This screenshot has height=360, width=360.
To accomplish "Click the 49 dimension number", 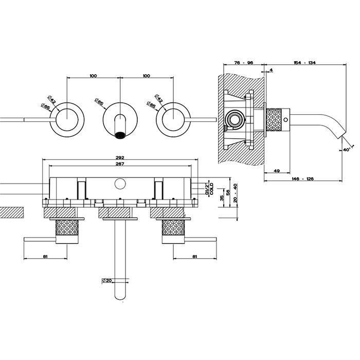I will pos(276,171).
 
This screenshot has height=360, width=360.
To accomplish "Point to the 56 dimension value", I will pos(228,191).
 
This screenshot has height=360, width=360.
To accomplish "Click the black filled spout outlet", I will pos(121,135).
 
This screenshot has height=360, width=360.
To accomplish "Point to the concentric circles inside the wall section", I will pos(235,120).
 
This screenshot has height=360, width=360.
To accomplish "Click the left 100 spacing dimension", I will pos(93,76).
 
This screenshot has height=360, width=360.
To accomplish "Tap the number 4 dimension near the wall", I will pos(271,69).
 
